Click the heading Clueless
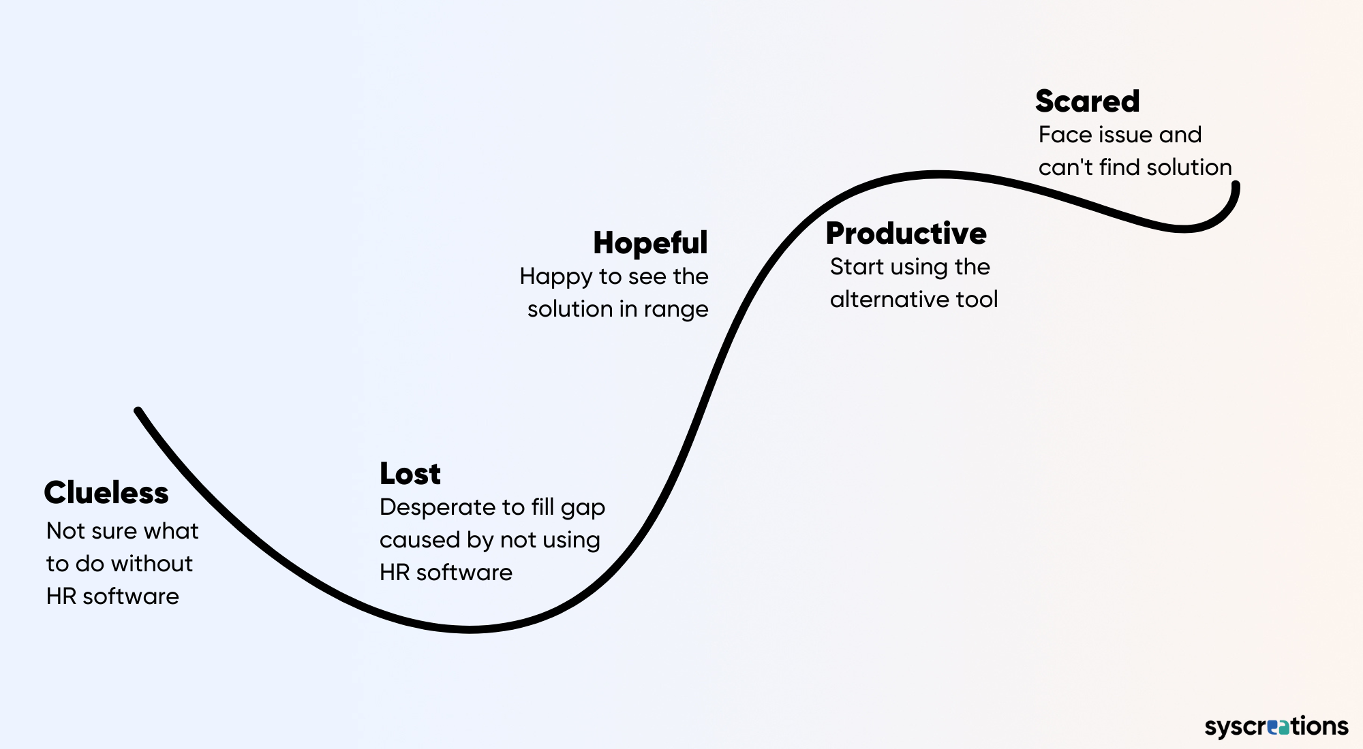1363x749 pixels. click(x=106, y=492)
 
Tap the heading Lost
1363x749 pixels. click(x=410, y=473)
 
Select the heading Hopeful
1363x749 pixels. click(x=651, y=243)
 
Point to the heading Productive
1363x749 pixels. click(x=906, y=233)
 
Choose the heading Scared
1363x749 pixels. click(x=1088, y=101)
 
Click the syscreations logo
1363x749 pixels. click(x=1276, y=727)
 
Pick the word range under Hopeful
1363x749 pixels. click(x=676, y=310)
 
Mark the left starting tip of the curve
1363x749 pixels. click(x=138, y=411)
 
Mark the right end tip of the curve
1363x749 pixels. click(x=1236, y=185)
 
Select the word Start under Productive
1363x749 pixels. click(x=857, y=266)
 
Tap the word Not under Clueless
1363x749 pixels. click(x=65, y=530)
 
